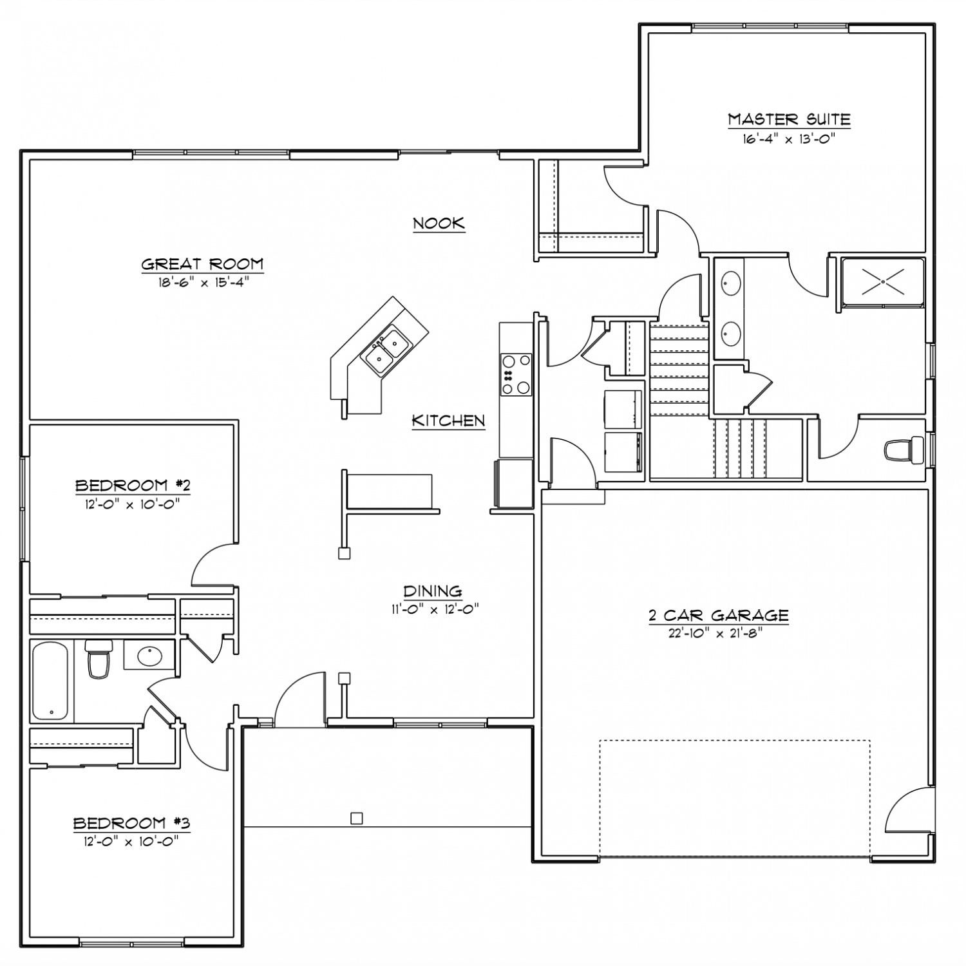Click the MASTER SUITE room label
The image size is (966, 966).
tap(789, 119)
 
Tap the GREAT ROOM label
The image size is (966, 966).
tap(202, 263)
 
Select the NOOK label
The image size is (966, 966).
tap(439, 223)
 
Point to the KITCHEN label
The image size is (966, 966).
tap(448, 421)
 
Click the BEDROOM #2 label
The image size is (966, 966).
tap(133, 485)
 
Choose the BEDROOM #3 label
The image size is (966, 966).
tap(131, 823)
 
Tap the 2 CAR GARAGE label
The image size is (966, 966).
tap(719, 615)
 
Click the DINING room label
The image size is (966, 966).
tap(433, 591)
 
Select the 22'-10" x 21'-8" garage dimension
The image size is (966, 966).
tap(716, 632)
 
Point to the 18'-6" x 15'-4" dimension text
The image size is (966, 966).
tap(202, 281)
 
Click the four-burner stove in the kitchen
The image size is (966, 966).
tap(516, 374)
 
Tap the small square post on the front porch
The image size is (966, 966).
tap(356, 819)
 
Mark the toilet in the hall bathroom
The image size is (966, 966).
tap(99, 659)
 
